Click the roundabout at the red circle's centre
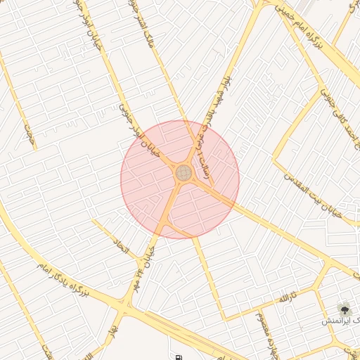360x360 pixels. [184, 172]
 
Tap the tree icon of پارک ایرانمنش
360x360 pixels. [345, 308]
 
